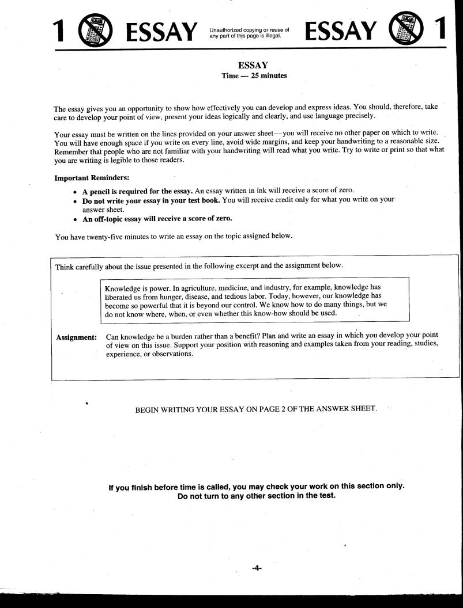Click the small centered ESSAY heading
[254, 66]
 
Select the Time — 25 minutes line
[254, 75]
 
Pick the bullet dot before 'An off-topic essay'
[76, 219]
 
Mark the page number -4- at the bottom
[257, 568]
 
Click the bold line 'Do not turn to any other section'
[257, 496]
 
